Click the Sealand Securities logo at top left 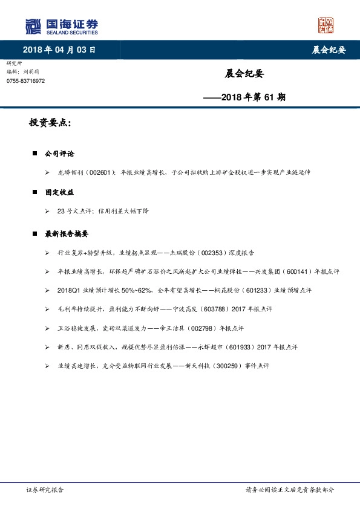click(x=61, y=26)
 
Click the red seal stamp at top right click(x=326, y=25)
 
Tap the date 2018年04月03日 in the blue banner click(x=59, y=50)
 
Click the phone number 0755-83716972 click(x=25, y=80)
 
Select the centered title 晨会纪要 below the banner click(x=244, y=74)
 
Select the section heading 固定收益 click(x=59, y=192)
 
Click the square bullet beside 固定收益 click(x=34, y=192)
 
